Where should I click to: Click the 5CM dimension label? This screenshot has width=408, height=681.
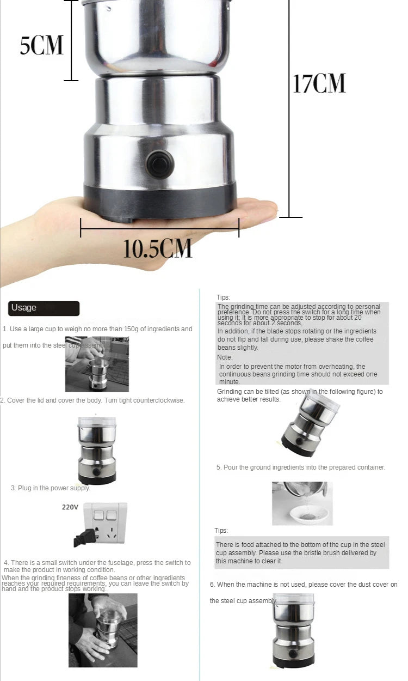(42, 45)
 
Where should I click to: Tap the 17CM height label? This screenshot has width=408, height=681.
(319, 83)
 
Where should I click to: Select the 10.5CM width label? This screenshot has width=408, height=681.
(158, 248)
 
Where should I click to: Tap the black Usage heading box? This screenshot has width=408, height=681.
(44, 308)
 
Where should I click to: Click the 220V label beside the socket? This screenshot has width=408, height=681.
(70, 507)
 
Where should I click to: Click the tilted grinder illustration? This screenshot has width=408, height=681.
(309, 425)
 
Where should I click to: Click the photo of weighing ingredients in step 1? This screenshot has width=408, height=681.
(97, 364)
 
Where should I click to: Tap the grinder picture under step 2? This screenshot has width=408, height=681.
(97, 450)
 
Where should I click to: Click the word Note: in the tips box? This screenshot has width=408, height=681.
(225, 357)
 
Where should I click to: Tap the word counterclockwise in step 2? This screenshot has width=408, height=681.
(158, 400)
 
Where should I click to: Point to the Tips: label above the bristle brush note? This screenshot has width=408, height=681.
(221, 531)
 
